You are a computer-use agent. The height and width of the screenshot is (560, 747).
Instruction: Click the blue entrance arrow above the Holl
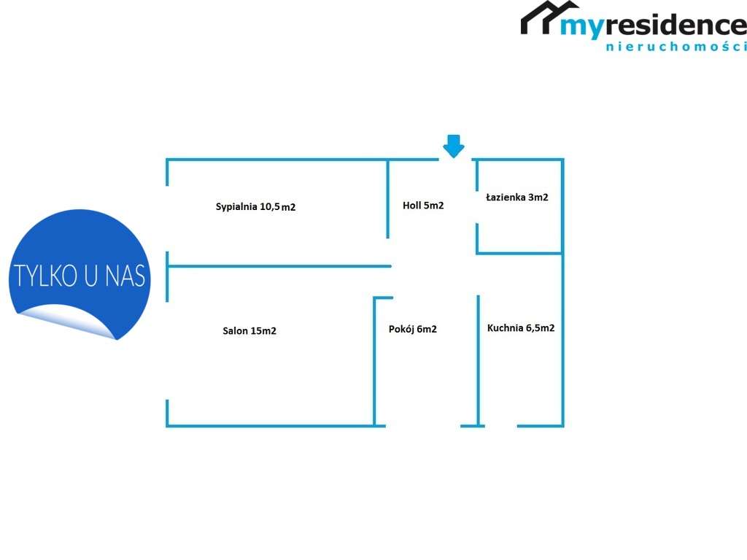pos(454,146)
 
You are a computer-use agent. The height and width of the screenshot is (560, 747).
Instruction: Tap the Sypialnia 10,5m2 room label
pos(255,206)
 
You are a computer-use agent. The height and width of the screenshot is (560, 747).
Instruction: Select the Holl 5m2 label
pos(423,205)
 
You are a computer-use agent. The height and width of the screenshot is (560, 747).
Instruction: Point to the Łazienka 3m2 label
pos(517,197)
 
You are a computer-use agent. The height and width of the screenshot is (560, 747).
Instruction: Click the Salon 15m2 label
pos(249,330)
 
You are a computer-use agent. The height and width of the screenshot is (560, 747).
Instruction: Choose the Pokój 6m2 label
pos(413,329)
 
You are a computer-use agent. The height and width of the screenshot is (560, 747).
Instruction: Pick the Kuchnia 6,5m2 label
pos(521,327)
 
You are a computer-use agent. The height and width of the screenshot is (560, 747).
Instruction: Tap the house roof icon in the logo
pos(549,17)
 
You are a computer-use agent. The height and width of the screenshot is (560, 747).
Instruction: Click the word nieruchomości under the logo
pos(676,47)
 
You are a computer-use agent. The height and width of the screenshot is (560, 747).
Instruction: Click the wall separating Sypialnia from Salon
pos(279,266)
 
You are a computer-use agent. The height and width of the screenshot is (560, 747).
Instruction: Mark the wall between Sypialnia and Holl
pos(388,199)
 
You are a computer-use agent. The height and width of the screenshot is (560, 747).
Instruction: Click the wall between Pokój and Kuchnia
pos(479,360)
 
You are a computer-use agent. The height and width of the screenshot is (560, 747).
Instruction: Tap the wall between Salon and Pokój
pos(374,362)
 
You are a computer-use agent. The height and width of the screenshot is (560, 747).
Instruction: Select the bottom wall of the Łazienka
pos(519,253)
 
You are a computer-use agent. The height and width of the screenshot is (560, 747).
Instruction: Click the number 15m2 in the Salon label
pos(263,330)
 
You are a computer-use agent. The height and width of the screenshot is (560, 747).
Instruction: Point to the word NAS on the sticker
pos(125,276)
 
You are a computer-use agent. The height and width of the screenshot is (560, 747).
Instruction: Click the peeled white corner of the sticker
pos(66,320)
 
